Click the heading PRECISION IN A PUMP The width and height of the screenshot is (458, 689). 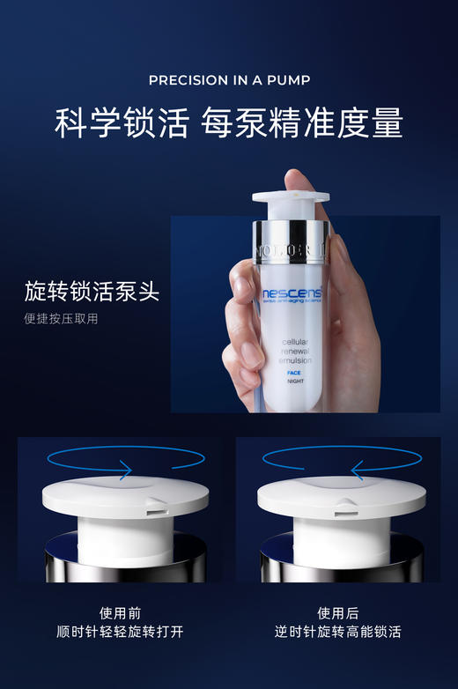click(x=229, y=80)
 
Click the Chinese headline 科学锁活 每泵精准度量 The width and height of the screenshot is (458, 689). click(x=229, y=123)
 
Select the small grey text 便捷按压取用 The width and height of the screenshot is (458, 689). click(x=61, y=319)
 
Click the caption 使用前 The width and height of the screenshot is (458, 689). click(x=120, y=612)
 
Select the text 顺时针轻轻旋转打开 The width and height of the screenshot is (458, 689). click(x=120, y=632)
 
